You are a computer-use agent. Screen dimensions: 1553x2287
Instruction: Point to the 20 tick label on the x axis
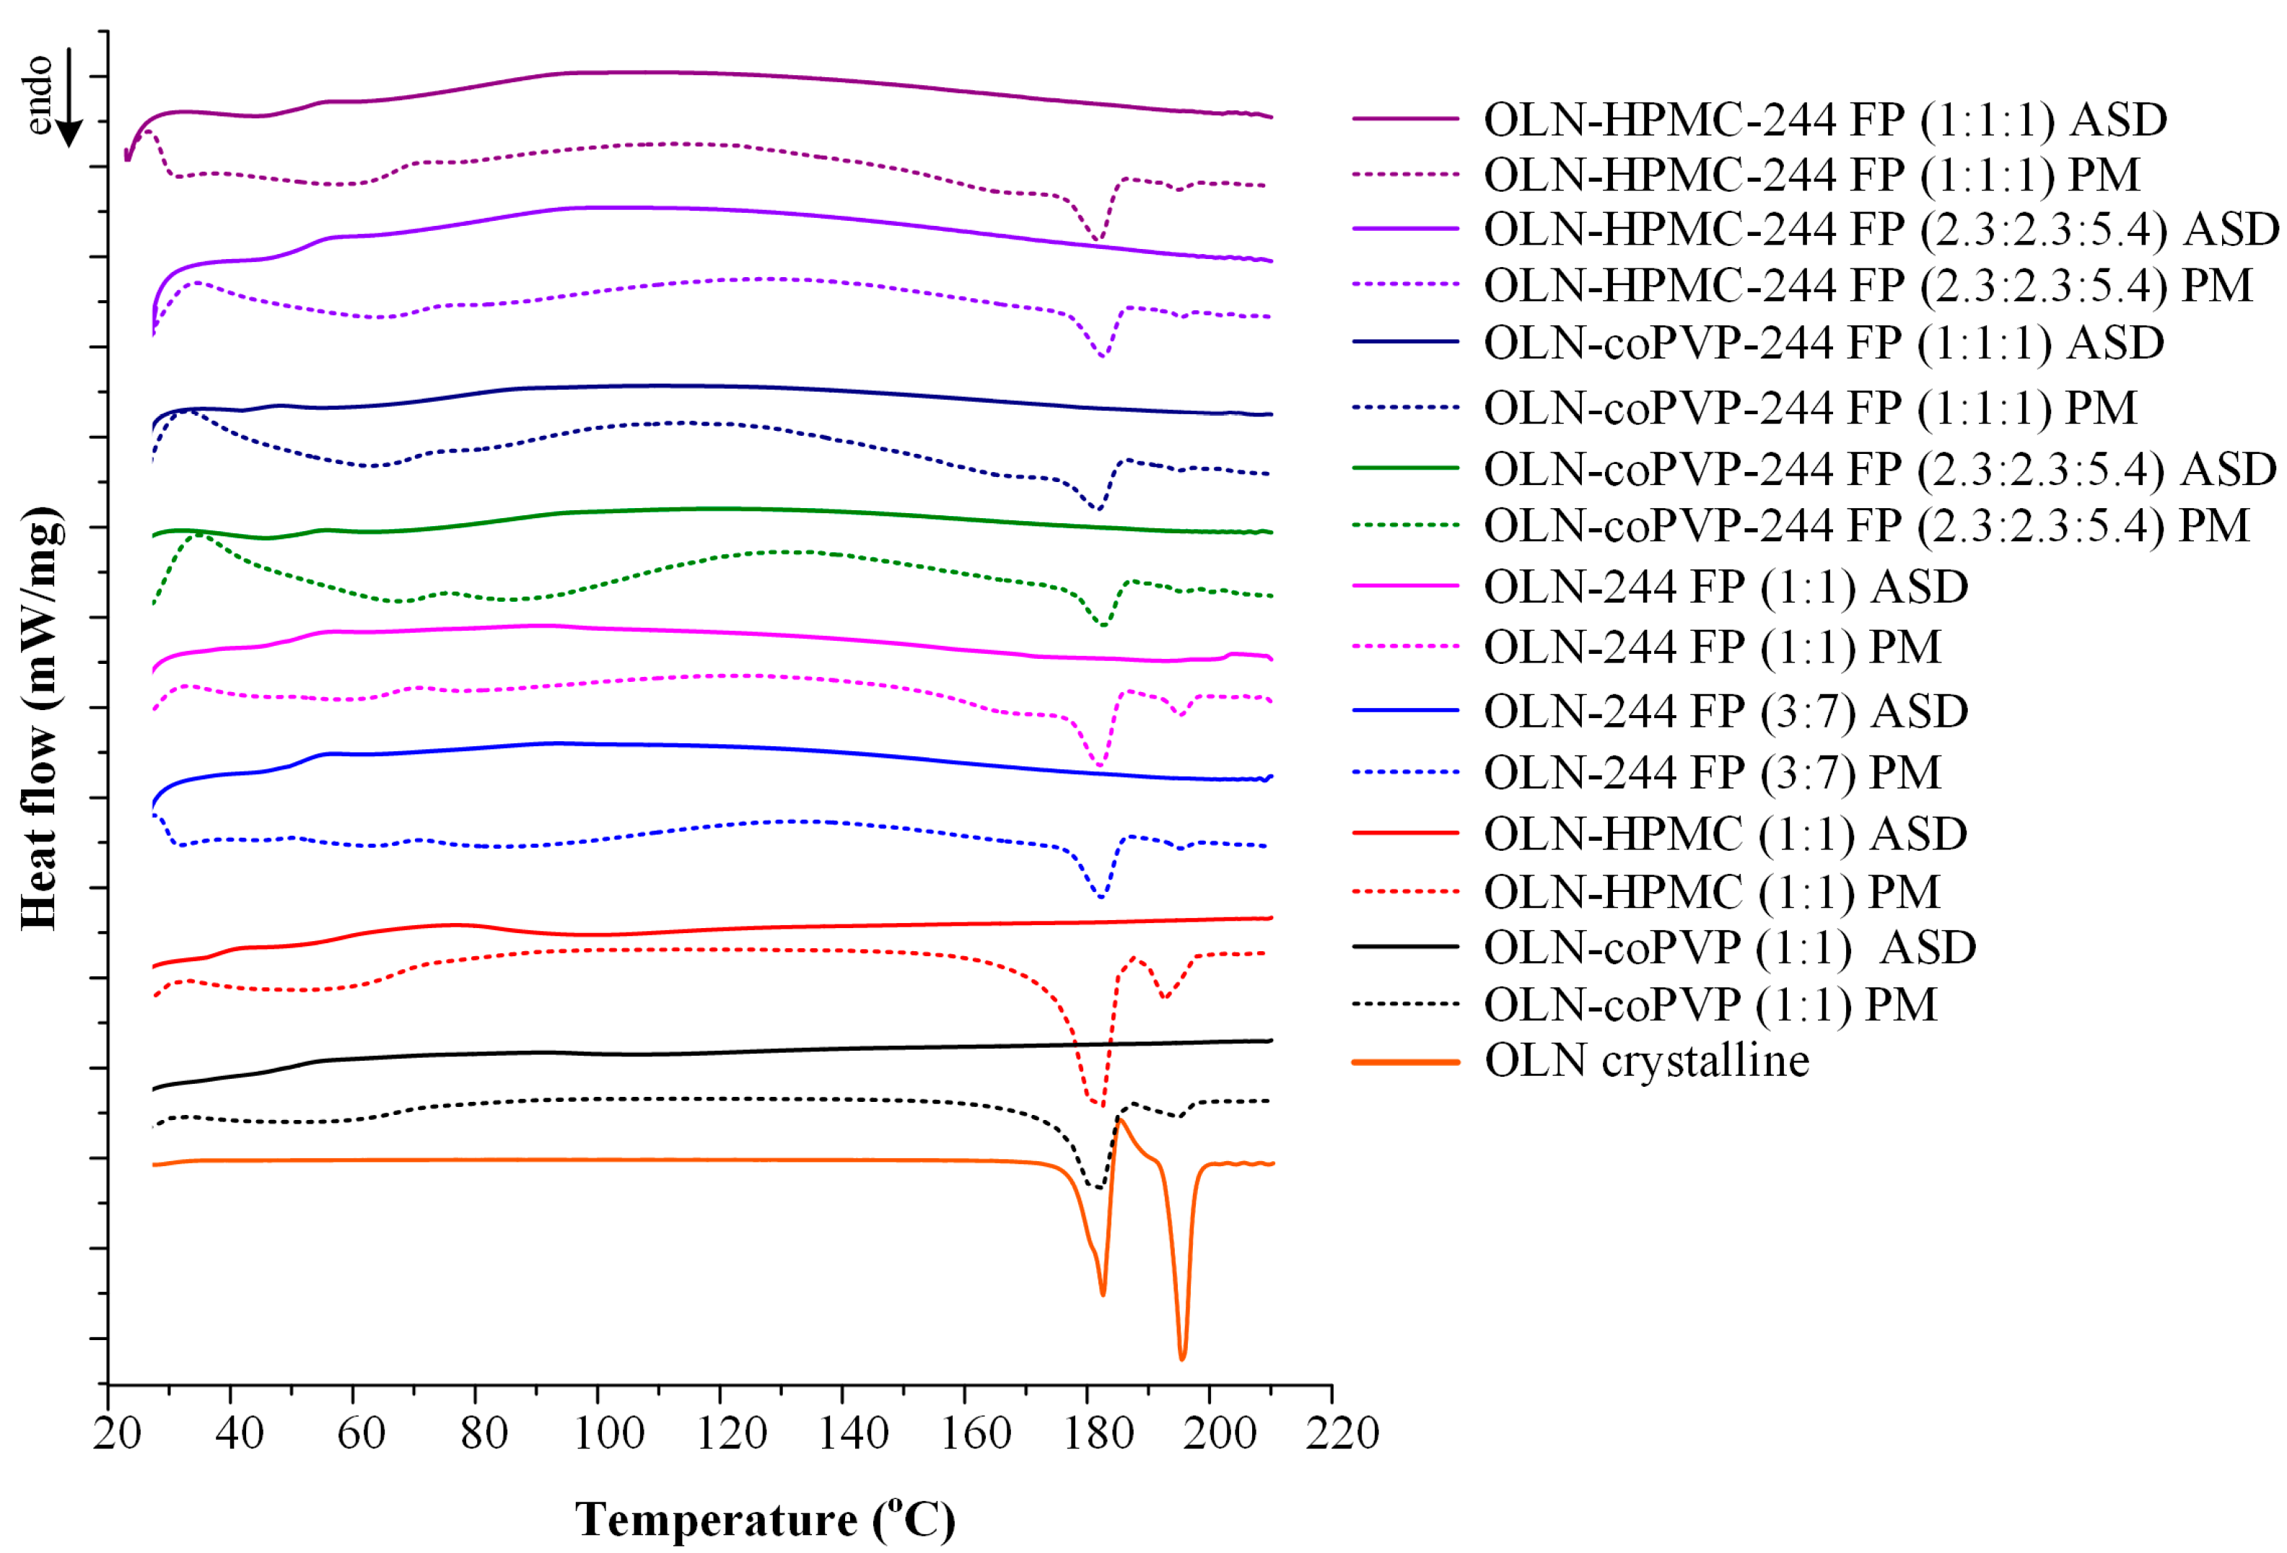[x=117, y=1435]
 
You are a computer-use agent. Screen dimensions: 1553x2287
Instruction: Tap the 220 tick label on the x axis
[x=1342, y=1435]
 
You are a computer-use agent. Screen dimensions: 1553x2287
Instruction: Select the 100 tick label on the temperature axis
[x=607, y=1435]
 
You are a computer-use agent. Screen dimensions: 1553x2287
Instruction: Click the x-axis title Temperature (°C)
[x=765, y=1521]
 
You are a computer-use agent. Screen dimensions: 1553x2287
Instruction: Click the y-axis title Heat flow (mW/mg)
[x=40, y=719]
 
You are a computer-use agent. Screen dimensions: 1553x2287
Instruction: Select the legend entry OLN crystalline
[x=1646, y=1061]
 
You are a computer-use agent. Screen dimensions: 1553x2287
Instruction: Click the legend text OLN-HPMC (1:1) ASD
[x=1725, y=834]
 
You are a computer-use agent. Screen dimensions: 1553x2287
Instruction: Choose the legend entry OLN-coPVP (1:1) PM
[x=1710, y=1005]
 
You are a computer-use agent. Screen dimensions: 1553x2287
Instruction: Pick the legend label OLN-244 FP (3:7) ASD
[x=1725, y=711]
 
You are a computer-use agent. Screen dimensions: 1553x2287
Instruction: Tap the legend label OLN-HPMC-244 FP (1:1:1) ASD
[x=1824, y=119]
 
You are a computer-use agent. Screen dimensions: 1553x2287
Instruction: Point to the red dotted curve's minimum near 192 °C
[x=1165, y=997]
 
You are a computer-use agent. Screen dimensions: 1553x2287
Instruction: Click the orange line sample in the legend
[x=1404, y=1062]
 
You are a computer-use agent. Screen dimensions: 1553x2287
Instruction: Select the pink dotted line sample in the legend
[x=1404, y=647]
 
